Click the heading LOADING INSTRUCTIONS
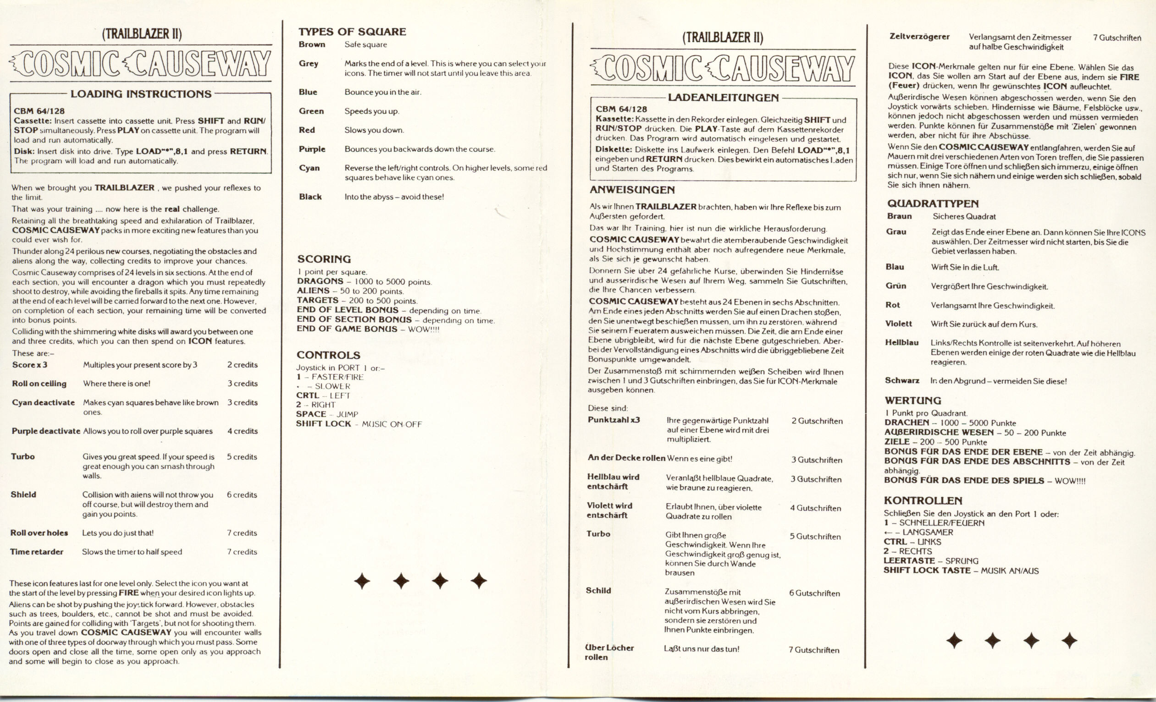pyautogui.click(x=141, y=94)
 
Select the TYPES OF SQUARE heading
pyautogui.click(x=352, y=32)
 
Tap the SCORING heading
pyautogui.click(x=324, y=259)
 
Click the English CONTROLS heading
pyautogui.click(x=328, y=355)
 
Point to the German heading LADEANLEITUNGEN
pyautogui.click(x=723, y=98)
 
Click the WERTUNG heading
pyautogui.click(x=913, y=400)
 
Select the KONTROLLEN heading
pyautogui.click(x=923, y=500)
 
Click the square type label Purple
pyautogui.click(x=311, y=149)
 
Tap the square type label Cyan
pyautogui.click(x=309, y=168)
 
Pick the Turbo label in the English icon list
pyautogui.click(x=22, y=456)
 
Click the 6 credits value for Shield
pyautogui.click(x=242, y=495)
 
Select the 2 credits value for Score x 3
pyautogui.click(x=242, y=365)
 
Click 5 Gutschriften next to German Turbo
pyautogui.click(x=815, y=537)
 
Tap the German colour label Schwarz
pyautogui.click(x=902, y=380)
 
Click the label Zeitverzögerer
pyautogui.click(x=919, y=37)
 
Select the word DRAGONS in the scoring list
pyautogui.click(x=320, y=281)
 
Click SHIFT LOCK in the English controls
pyautogui.click(x=323, y=423)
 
